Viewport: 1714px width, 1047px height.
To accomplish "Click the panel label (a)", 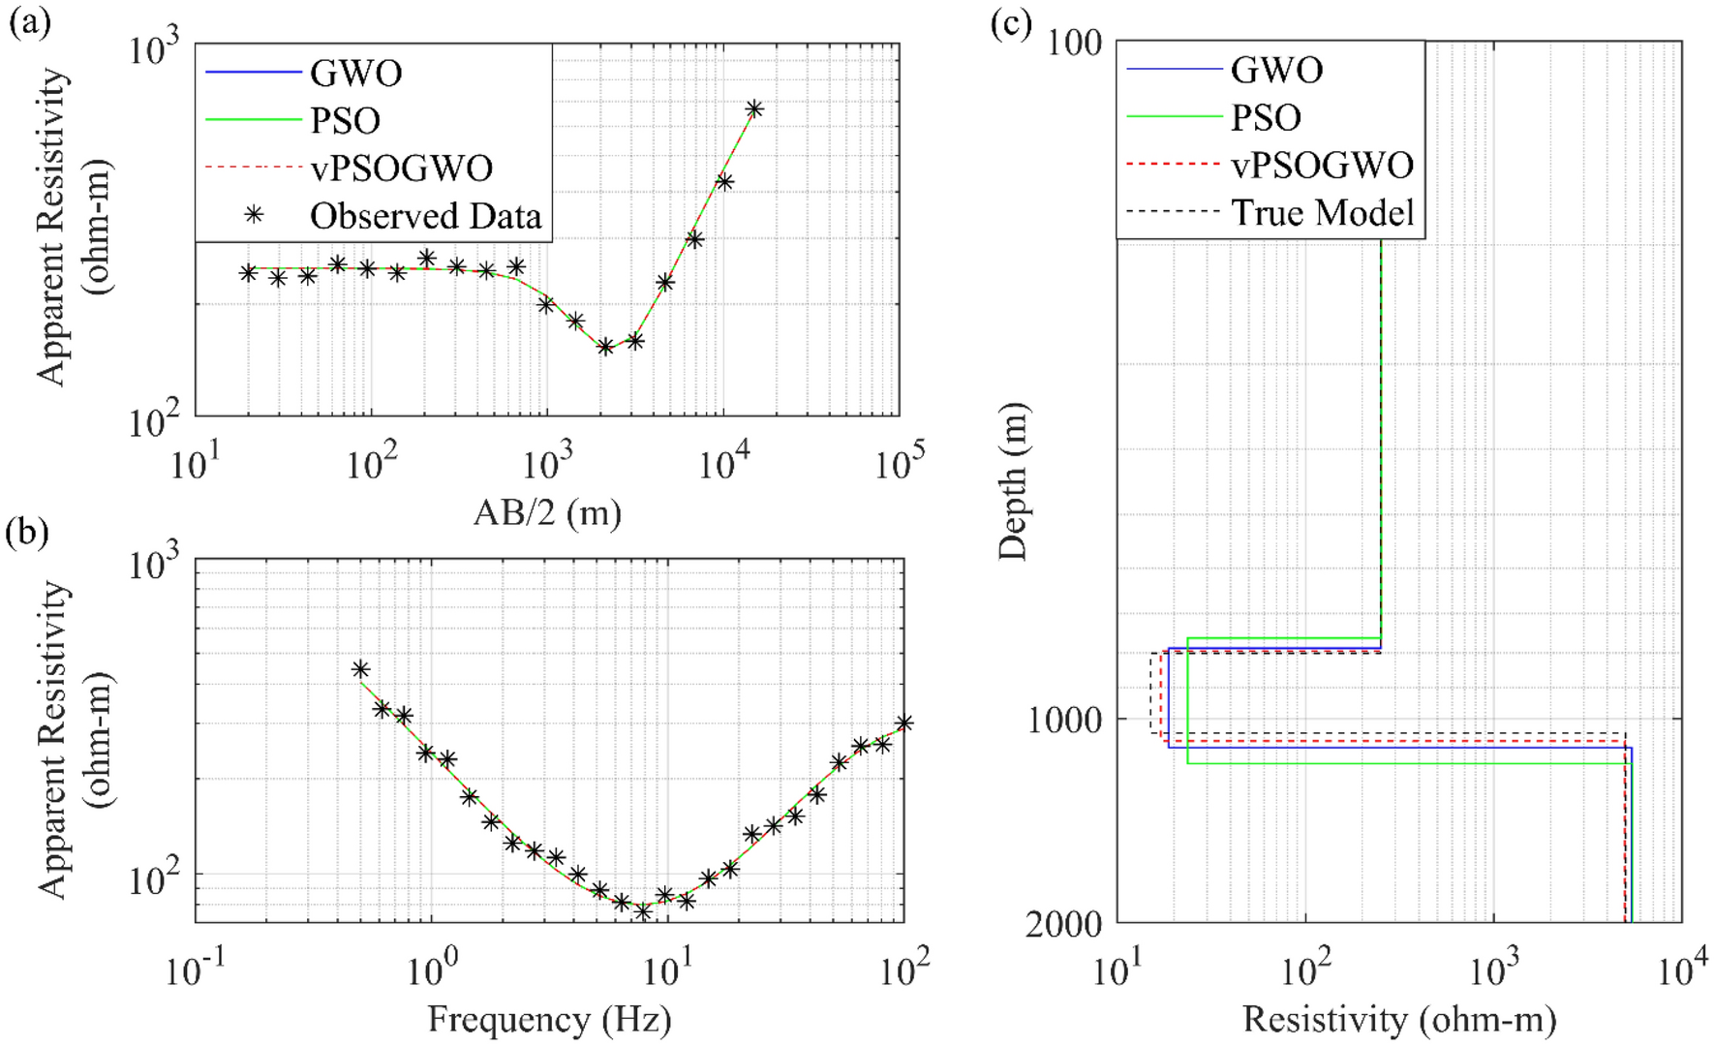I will pyautogui.click(x=29, y=21).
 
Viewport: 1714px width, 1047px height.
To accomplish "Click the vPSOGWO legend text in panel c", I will pyautogui.click(x=1322, y=166).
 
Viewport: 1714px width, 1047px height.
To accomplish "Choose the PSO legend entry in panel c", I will pyautogui.click(x=1265, y=118).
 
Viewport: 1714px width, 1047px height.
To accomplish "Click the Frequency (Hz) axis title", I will pyautogui.click(x=549, y=1020).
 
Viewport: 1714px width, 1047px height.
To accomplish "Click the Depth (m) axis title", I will pyautogui.click(x=1014, y=481).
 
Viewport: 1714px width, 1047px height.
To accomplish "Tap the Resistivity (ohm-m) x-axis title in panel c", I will pyautogui.click(x=1399, y=1020).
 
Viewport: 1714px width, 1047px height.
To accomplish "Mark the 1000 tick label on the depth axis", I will pyautogui.click(x=1063, y=720).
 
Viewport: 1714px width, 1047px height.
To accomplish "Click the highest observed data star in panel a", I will pyautogui.click(x=754, y=109).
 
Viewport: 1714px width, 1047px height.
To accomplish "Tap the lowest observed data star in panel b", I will pyautogui.click(x=642, y=910).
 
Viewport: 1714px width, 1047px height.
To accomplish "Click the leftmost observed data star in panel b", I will pyautogui.click(x=360, y=669).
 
